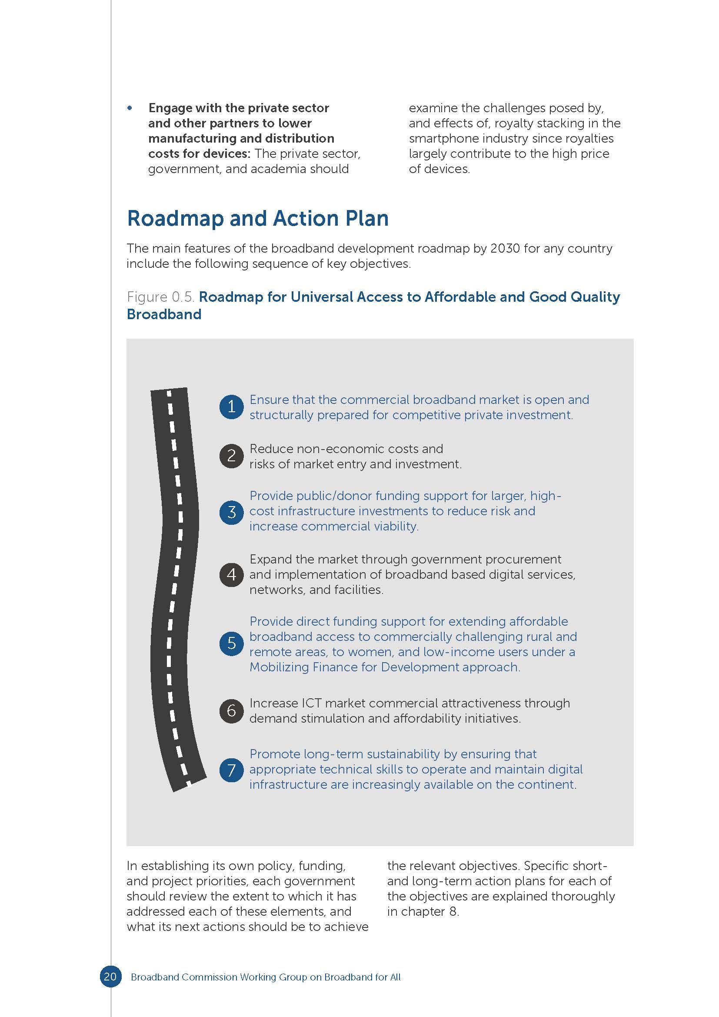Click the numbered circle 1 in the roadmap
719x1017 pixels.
click(x=231, y=407)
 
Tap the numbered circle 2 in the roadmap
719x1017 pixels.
click(x=231, y=456)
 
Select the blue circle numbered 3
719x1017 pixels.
click(x=231, y=512)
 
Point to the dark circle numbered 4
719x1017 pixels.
click(x=231, y=574)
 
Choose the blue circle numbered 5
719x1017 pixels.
click(x=231, y=643)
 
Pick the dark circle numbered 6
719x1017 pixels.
click(x=231, y=710)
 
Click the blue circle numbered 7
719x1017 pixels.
click(x=231, y=770)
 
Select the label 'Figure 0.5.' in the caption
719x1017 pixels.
click(x=161, y=297)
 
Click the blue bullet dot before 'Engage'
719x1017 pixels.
click(x=130, y=108)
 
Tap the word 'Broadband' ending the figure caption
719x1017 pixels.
click(x=164, y=314)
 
